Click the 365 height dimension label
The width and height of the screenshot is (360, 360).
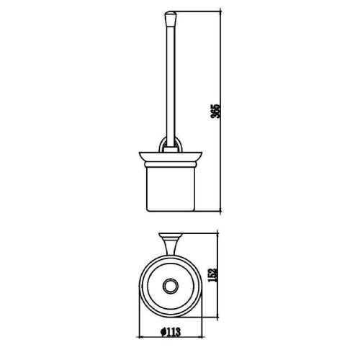point(215,111)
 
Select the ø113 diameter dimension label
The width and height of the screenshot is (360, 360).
point(171,332)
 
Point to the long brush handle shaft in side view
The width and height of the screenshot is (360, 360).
point(171,84)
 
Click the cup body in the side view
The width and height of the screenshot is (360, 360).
point(171,189)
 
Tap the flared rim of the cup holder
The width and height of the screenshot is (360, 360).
point(171,156)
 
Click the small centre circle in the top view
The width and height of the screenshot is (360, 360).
point(171,286)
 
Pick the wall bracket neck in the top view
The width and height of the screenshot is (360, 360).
point(171,246)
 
